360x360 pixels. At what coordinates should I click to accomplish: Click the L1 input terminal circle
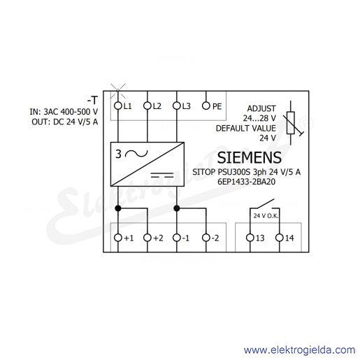tap(118, 106)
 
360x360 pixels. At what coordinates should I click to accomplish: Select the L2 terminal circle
tap(147, 106)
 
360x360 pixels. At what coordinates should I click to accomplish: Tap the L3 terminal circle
tap(177, 106)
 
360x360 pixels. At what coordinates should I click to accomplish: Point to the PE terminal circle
tap(206, 106)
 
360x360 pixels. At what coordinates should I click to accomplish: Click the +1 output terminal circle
tap(118, 238)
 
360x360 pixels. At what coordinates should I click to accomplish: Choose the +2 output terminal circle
tap(147, 238)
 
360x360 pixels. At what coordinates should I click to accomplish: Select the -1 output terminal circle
tap(177, 238)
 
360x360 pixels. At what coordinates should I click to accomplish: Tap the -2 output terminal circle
tap(206, 238)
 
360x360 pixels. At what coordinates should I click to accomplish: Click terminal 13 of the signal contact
tap(250, 238)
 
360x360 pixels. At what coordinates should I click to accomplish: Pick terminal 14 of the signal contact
tap(280, 238)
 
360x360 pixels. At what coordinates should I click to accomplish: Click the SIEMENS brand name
tap(250, 157)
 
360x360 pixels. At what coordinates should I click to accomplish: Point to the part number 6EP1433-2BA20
tap(246, 182)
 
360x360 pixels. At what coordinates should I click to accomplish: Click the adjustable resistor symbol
tap(291, 123)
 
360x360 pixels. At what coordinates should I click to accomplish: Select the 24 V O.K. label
tap(266, 216)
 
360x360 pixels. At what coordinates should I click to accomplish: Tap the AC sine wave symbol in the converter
tap(136, 154)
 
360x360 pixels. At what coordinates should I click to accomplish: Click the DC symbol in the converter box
tap(162, 175)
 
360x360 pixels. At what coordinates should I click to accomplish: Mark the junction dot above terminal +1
tap(118, 208)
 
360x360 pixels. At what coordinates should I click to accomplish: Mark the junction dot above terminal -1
tap(177, 208)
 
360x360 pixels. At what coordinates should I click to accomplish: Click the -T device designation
tap(92, 101)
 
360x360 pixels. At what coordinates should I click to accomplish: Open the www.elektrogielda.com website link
tap(299, 350)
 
